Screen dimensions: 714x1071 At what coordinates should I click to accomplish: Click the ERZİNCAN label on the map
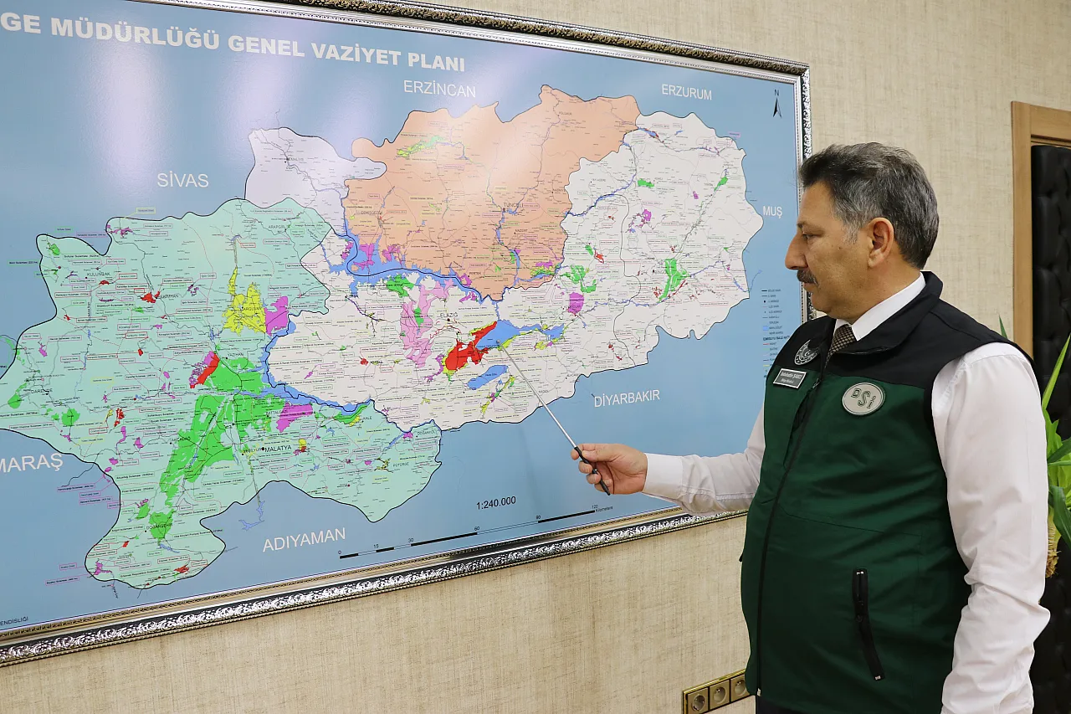[x=438, y=88]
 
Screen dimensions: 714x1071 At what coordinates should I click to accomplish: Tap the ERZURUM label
[x=686, y=92]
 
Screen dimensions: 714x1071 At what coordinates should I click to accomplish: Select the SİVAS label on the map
[x=182, y=179]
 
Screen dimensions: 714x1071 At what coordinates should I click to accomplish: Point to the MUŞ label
[x=771, y=212]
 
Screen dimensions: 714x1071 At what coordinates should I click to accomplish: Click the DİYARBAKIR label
[x=627, y=398]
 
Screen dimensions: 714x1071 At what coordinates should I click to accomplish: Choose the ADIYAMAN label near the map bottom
[x=304, y=539]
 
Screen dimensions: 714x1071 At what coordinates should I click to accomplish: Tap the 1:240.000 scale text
[x=495, y=502]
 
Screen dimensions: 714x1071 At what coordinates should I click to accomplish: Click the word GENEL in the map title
[x=266, y=45]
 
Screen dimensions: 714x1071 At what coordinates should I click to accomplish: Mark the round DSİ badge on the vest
[x=863, y=398]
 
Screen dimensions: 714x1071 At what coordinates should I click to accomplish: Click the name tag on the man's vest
[x=789, y=378]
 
